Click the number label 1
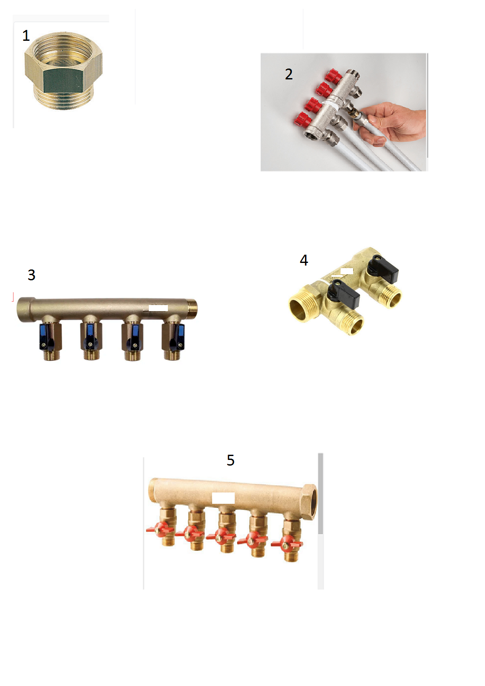[x=26, y=36]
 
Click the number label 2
[x=289, y=74]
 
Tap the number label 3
[x=32, y=275]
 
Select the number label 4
[x=304, y=260]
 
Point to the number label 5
[x=230, y=460]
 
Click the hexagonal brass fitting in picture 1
[x=63, y=71]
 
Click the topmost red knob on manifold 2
[x=333, y=76]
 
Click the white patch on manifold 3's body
[x=158, y=308]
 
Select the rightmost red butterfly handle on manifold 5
[x=287, y=544]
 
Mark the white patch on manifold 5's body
[x=223, y=498]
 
